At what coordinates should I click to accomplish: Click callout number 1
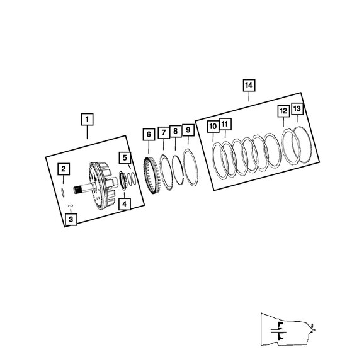tap(88, 119)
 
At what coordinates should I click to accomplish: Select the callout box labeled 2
tap(64, 169)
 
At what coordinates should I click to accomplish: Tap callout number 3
tap(71, 219)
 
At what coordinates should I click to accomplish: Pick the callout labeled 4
tap(125, 204)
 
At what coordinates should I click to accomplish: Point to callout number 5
tap(125, 158)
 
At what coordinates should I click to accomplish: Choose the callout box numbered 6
tap(149, 134)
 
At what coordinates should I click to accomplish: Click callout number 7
tap(164, 133)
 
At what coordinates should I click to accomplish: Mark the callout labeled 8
tap(176, 131)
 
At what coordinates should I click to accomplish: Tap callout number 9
tap(188, 130)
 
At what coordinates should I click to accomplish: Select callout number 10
tap(213, 127)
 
